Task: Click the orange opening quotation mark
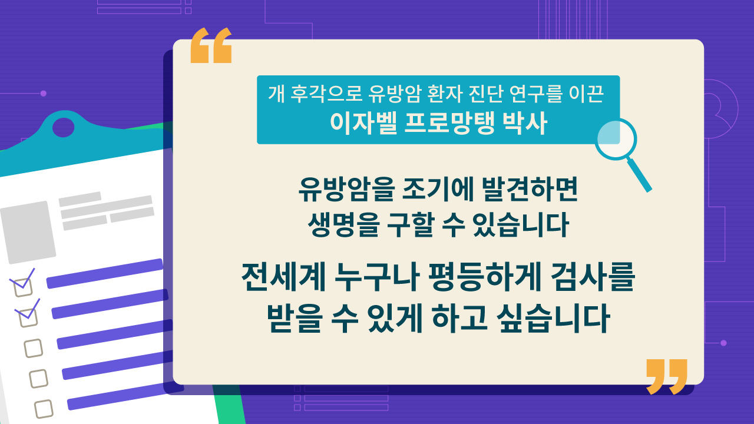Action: coord(211,45)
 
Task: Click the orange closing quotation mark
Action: coord(666,376)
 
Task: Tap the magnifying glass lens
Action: coord(616,140)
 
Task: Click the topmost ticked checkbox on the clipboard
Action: coord(23,285)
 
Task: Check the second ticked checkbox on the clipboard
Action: coord(28,316)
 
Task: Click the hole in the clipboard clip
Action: coord(64,126)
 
